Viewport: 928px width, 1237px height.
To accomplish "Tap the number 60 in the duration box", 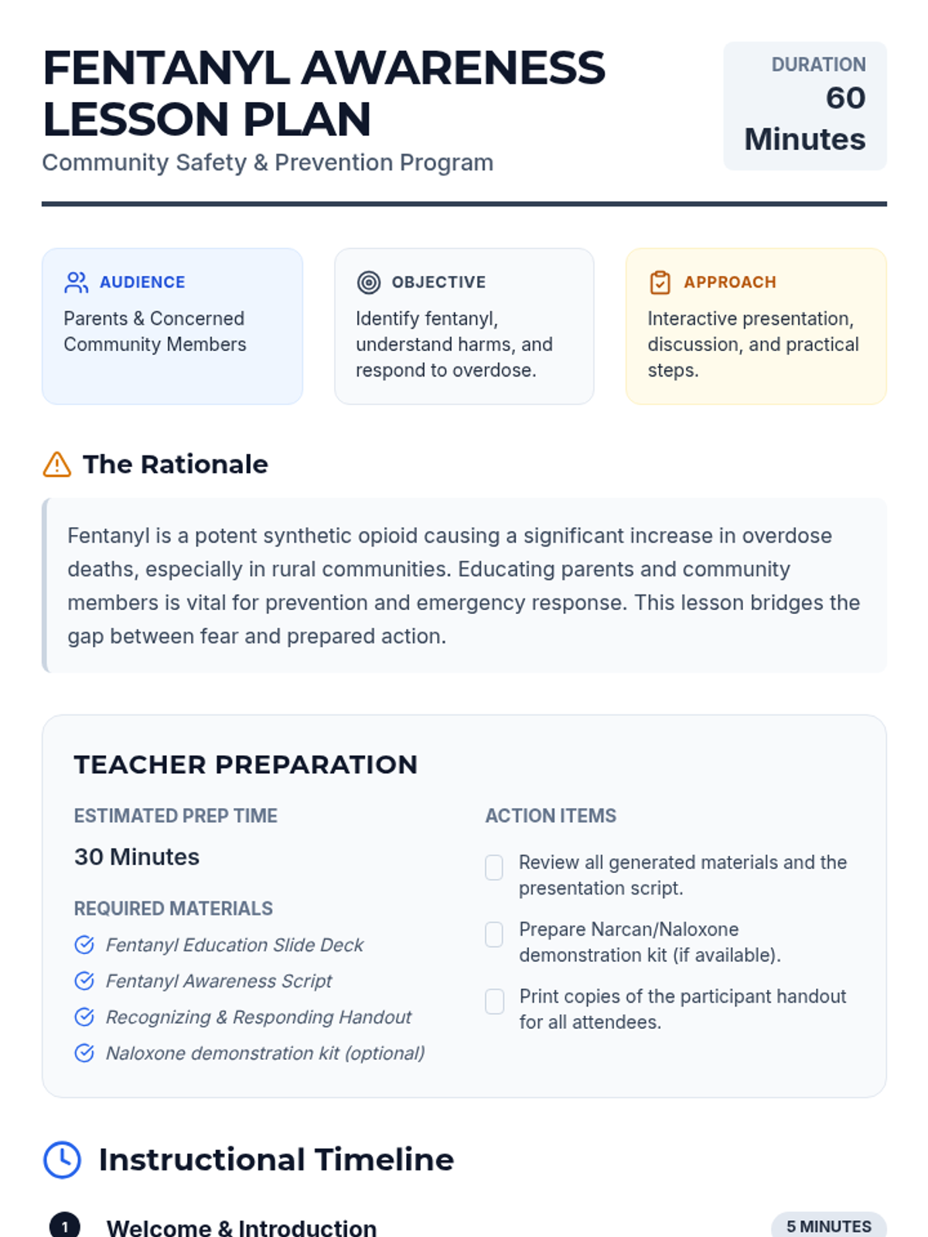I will [845, 98].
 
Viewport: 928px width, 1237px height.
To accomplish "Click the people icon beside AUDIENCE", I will [76, 282].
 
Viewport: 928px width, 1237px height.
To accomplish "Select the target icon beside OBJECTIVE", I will [369, 282].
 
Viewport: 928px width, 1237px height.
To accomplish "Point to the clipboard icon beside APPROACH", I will [660, 282].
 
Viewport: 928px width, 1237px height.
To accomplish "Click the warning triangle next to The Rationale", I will [57, 465].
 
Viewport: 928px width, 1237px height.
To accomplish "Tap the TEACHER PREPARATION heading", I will [245, 765].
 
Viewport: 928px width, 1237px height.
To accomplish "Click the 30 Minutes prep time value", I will [137, 857].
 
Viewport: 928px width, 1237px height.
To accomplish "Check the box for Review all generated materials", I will [494, 867].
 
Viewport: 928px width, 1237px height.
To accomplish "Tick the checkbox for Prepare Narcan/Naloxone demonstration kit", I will [494, 934].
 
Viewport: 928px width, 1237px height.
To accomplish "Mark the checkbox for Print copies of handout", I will [494, 1001].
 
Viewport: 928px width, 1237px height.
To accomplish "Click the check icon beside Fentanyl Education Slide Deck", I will [84, 945].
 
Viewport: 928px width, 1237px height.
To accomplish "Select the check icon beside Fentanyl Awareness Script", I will [84, 981].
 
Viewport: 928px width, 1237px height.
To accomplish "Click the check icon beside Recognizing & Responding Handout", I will [84, 1017].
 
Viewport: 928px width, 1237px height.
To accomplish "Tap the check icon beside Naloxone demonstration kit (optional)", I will [84, 1053].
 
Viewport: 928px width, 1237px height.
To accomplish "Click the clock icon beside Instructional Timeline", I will [62, 1160].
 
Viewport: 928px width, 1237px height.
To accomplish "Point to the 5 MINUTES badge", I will [828, 1226].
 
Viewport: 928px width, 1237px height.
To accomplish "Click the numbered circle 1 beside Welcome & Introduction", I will [65, 1226].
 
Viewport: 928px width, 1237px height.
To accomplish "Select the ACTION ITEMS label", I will [551, 816].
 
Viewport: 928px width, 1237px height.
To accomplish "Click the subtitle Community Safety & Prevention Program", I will [268, 162].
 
